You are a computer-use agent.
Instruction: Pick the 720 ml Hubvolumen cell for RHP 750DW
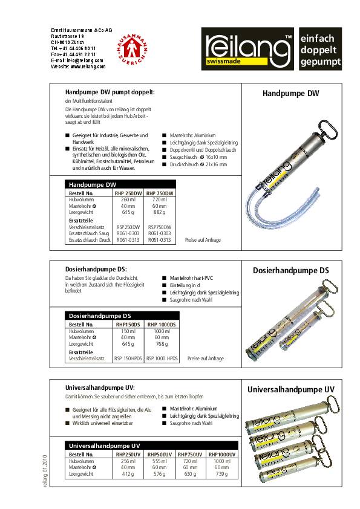(160, 199)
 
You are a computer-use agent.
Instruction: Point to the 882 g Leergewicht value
(160, 212)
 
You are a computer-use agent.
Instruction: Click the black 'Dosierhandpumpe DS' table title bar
(120, 316)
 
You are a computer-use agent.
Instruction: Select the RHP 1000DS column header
(162, 325)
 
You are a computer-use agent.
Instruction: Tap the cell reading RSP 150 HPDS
(128, 358)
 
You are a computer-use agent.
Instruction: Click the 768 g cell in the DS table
(162, 344)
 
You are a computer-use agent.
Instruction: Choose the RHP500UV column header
(160, 454)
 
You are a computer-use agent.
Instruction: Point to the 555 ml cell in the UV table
(160, 461)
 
